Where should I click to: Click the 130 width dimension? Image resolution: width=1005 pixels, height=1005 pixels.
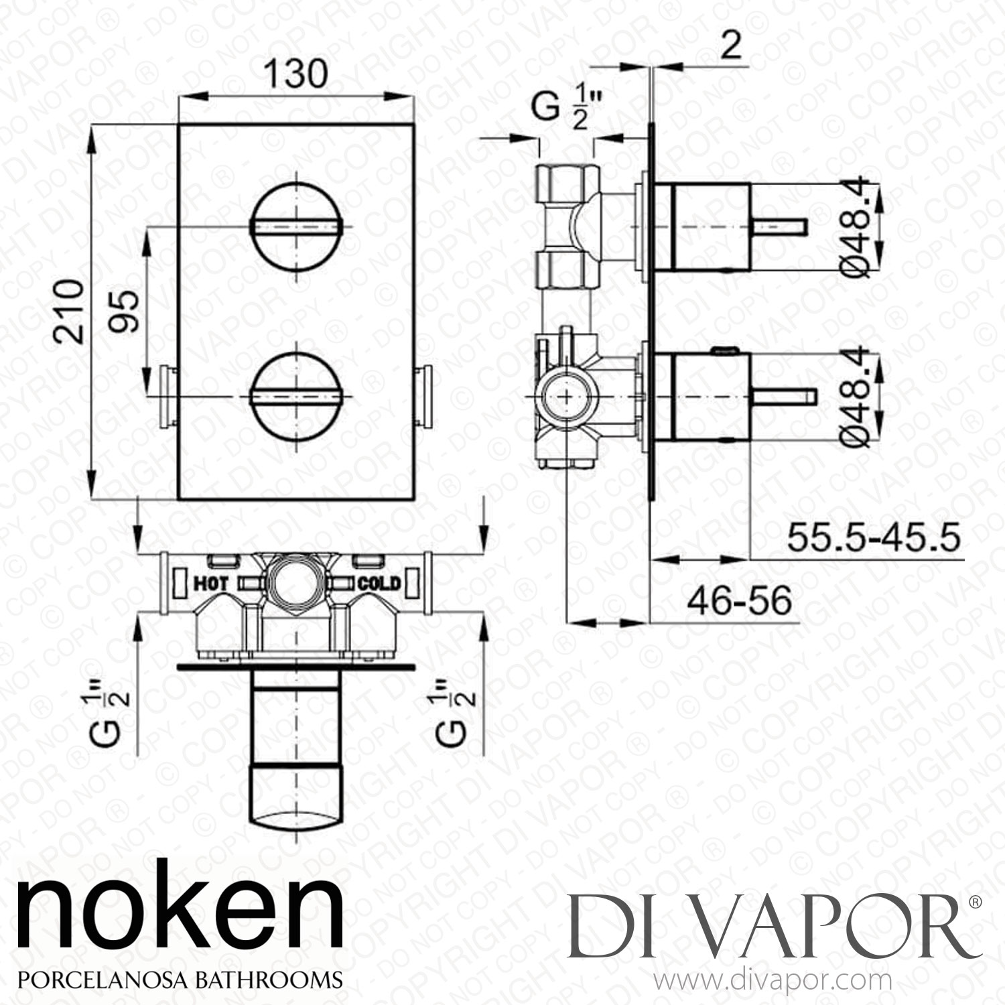click(295, 74)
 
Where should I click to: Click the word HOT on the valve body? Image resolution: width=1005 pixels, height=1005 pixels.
click(211, 584)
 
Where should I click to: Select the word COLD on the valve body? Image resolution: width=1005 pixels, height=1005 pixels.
click(379, 584)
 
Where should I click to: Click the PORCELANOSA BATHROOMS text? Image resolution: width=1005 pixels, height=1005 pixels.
click(179, 979)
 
